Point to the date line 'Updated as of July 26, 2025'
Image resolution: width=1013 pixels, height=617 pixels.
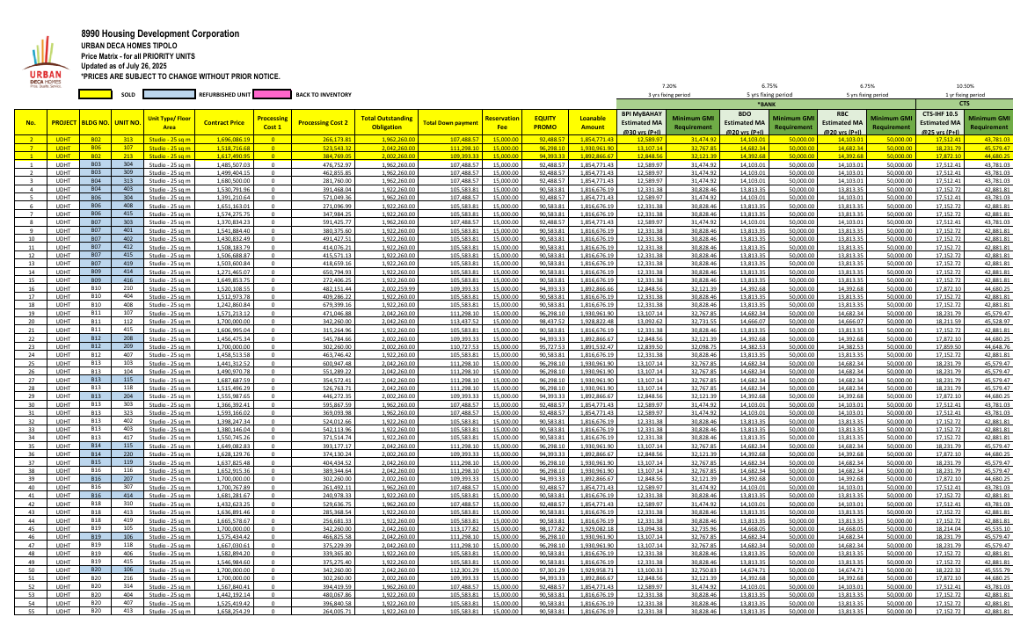(123, 66)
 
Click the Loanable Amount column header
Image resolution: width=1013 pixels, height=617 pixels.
(593, 122)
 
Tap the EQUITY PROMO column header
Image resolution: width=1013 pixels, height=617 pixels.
(545, 122)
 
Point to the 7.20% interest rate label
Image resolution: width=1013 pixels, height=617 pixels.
(669, 85)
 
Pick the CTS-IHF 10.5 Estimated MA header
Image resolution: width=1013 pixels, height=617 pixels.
(941, 122)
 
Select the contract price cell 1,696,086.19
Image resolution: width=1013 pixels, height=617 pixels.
(222, 139)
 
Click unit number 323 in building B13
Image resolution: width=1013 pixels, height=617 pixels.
(128, 412)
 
